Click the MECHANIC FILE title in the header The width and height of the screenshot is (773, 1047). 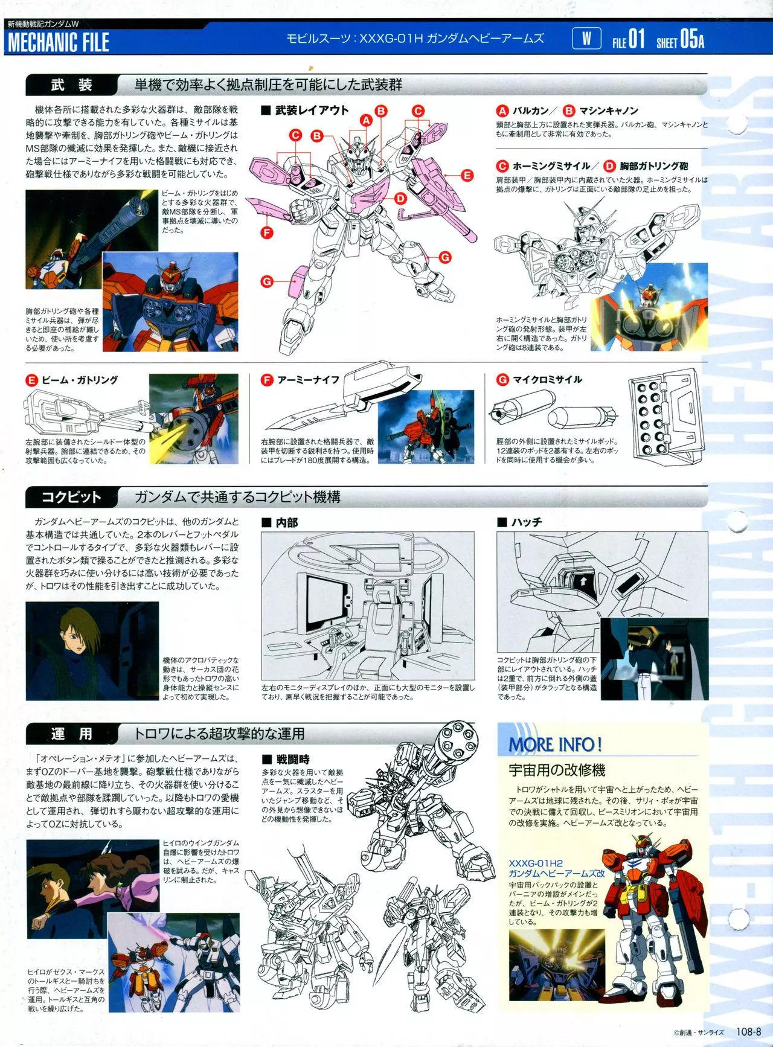tap(58, 42)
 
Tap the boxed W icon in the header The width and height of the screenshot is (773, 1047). tap(586, 39)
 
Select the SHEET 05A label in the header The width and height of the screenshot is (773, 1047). tap(680, 40)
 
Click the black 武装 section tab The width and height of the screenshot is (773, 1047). tap(71, 85)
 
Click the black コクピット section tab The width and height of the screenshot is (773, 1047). tap(71, 497)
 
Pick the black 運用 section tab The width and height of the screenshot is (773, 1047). tap(71, 734)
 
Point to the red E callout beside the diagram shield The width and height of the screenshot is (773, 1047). tap(467, 176)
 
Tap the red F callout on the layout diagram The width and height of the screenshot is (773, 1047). tap(266, 232)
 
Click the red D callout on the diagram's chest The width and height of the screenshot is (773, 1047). tap(400, 198)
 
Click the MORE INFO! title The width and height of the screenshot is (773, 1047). tap(555, 744)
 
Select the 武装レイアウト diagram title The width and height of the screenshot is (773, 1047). tap(306, 110)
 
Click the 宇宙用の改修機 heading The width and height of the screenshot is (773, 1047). tap(557, 770)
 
